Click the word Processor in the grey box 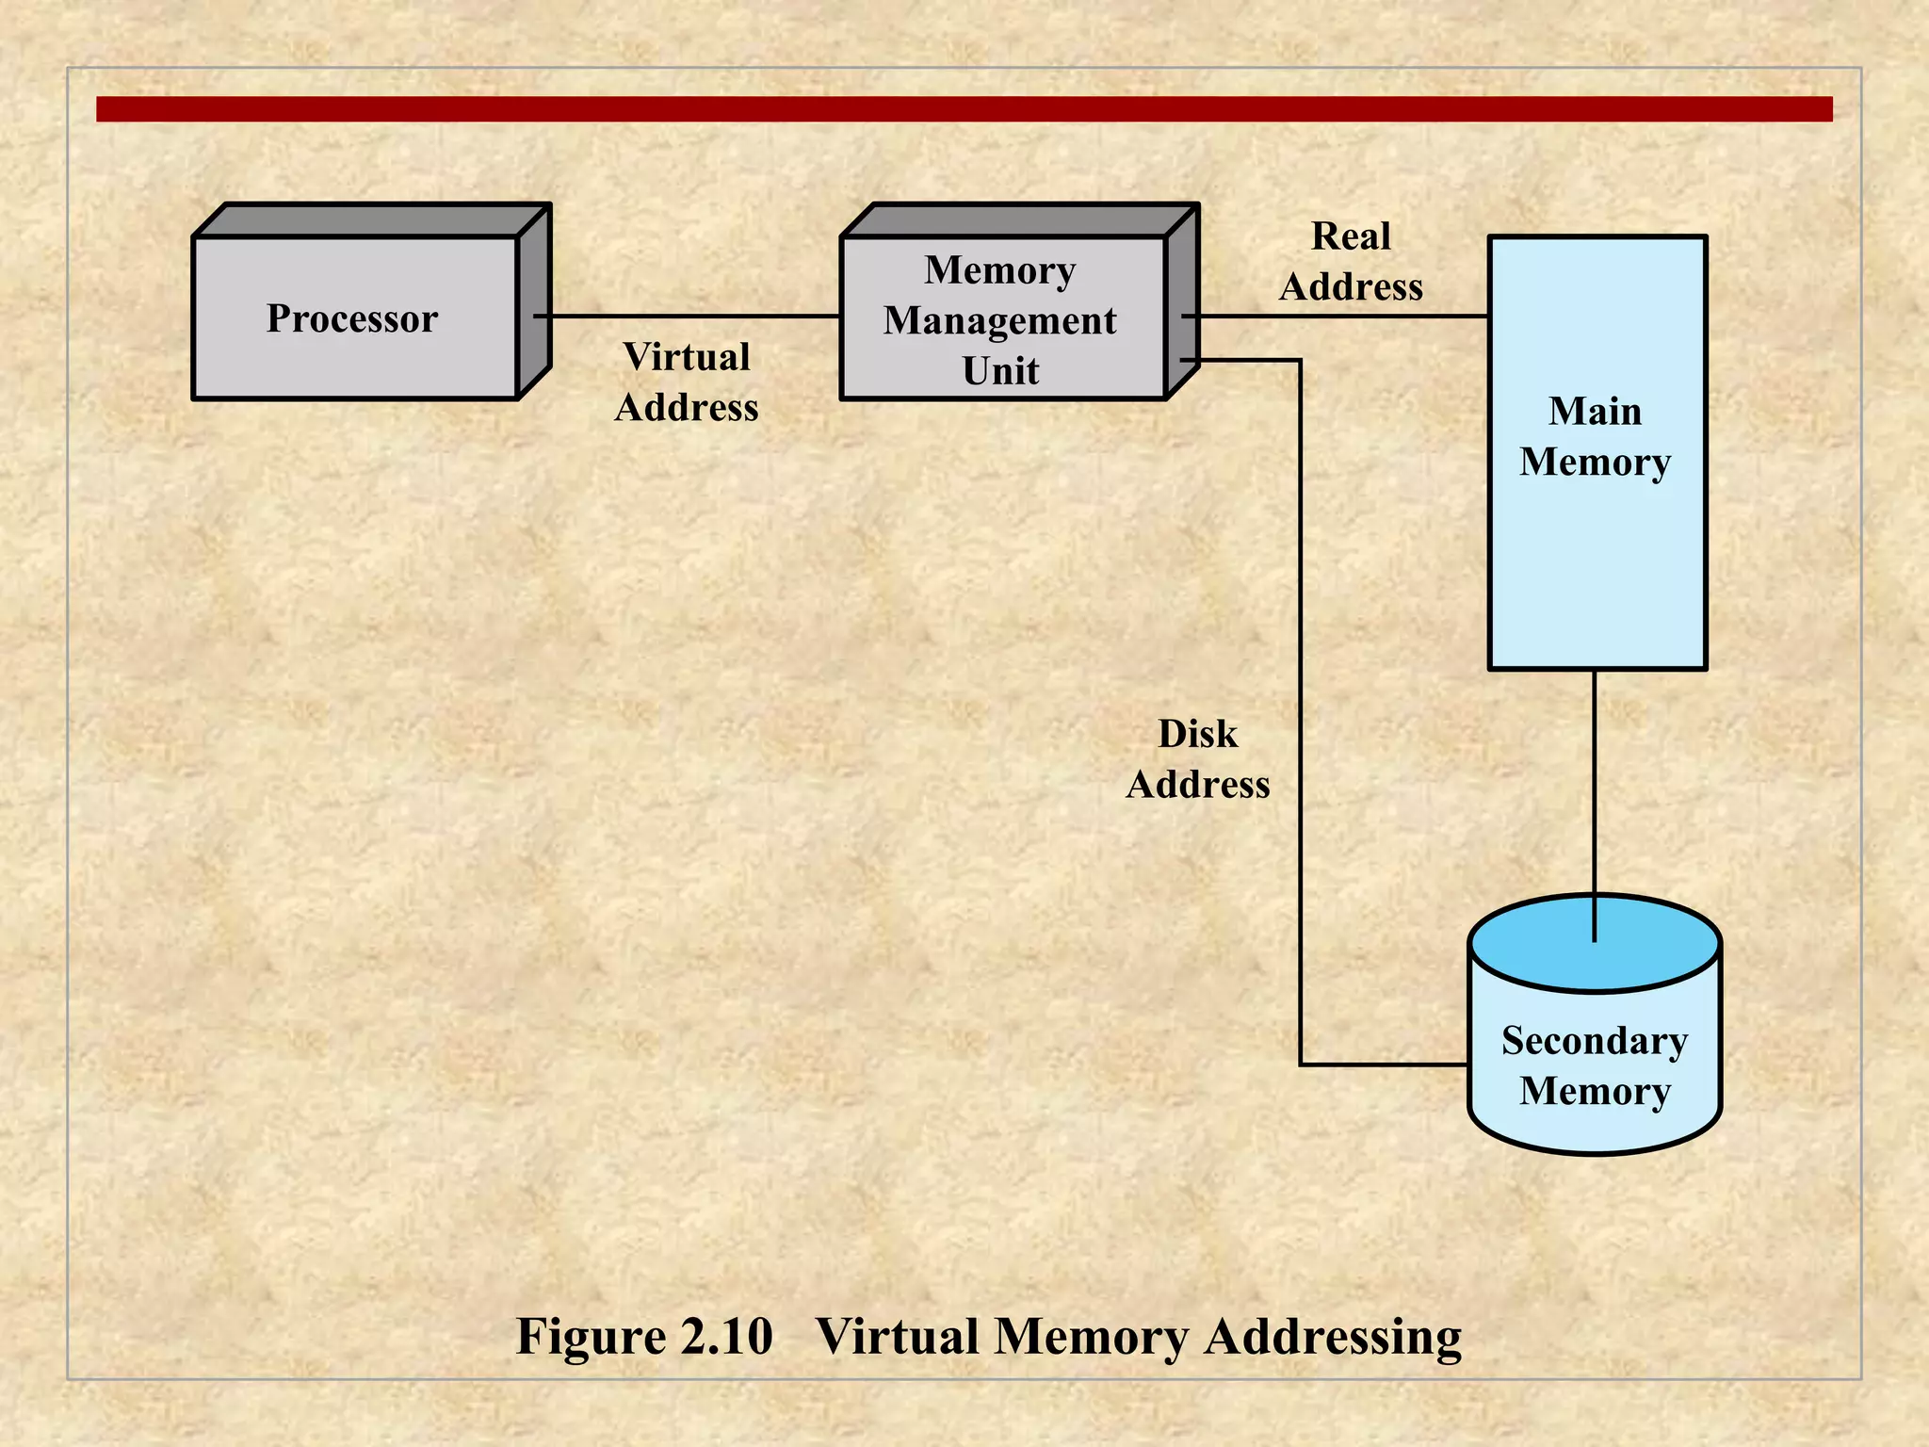point(351,318)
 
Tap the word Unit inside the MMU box point(1000,370)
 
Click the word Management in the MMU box point(999,320)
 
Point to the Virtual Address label point(687,382)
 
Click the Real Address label point(1351,261)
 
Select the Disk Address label point(1197,758)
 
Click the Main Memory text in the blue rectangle point(1595,436)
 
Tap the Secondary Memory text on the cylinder point(1595,1065)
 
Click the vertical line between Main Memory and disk point(1594,782)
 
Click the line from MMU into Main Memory point(1337,317)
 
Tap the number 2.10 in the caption point(726,1336)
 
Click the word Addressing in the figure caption point(1333,1336)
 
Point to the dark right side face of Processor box point(534,301)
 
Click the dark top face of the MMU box point(1017,219)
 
